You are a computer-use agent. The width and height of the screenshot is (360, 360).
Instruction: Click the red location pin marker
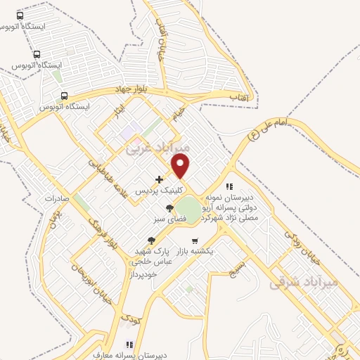point(181,165)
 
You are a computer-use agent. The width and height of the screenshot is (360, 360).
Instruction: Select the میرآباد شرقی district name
point(304,282)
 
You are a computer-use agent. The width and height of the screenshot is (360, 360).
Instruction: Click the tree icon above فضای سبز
point(169,208)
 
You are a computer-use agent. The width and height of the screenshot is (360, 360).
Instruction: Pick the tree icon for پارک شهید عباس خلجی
point(152,240)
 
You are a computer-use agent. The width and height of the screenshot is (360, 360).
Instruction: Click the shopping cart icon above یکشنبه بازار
point(195,240)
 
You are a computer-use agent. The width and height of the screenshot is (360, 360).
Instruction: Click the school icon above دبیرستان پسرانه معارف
point(129,345)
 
